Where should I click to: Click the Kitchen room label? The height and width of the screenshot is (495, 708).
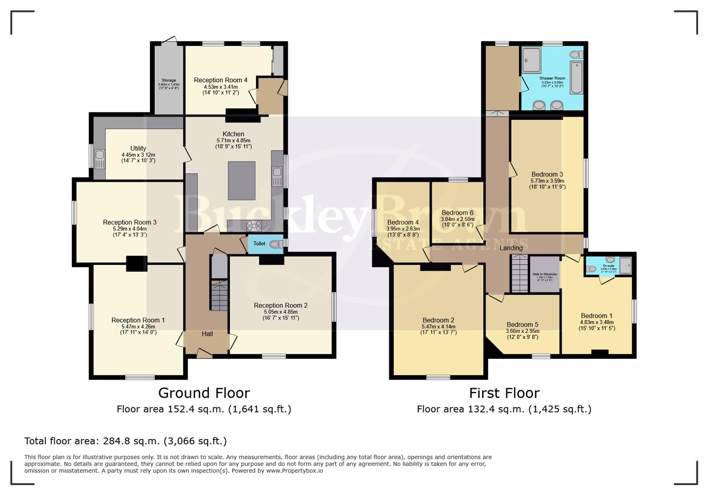point(233,134)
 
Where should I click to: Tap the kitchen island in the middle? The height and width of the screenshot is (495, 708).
point(242,181)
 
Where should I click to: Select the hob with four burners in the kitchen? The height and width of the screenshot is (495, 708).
point(254,225)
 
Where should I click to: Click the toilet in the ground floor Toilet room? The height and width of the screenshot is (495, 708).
point(277,244)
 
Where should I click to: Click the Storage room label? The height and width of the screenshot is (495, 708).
point(168,80)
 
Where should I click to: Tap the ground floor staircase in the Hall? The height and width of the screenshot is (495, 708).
point(219,296)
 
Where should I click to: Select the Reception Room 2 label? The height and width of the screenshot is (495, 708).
point(281,305)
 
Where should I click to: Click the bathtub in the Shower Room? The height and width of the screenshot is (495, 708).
point(576,78)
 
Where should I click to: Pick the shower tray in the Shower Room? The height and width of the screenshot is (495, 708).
point(531,60)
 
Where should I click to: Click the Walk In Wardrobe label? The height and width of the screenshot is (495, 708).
point(545,274)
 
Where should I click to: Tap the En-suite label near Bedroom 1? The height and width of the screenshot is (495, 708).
point(608,265)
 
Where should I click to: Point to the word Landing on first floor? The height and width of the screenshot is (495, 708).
point(511,248)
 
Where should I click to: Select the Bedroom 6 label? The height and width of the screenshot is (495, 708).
point(457,213)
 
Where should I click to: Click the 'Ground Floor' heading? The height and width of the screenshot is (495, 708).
point(204,393)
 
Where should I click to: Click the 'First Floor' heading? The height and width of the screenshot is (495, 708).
point(504,393)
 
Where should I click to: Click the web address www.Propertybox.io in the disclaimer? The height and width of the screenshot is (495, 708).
point(294,471)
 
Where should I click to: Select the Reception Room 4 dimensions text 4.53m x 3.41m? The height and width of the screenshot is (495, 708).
point(221,87)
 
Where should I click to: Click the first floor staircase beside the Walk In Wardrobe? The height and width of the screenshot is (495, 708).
point(520,274)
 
